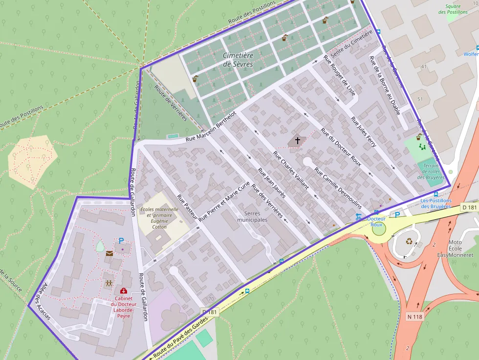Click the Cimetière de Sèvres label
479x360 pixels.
coord(239,60)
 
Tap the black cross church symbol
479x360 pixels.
coord(298,141)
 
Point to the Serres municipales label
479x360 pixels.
coord(252,216)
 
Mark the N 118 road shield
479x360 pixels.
coord(415,316)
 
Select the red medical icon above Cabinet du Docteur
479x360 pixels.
coord(124,291)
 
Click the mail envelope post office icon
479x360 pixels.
coord(109,253)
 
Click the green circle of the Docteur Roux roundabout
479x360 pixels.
coord(379,229)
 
